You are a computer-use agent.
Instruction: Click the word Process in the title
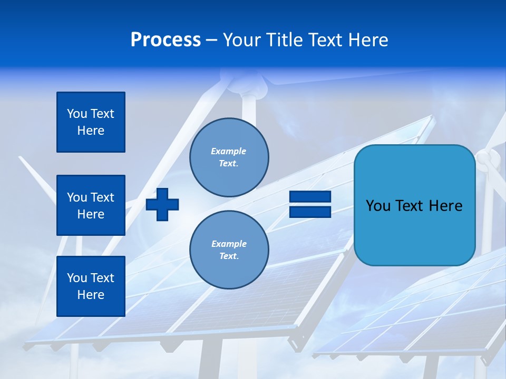(x=166, y=40)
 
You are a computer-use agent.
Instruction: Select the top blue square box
(x=91, y=122)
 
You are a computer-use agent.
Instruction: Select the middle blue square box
(x=91, y=205)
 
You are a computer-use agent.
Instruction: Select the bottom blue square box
(x=91, y=286)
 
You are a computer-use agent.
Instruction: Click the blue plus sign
(x=162, y=204)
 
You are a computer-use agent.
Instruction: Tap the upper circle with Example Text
(x=229, y=157)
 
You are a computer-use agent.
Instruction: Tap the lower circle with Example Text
(x=229, y=250)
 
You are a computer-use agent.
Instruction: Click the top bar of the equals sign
(x=310, y=197)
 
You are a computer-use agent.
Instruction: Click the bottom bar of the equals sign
(x=310, y=212)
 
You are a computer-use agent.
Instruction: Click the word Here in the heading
(x=369, y=40)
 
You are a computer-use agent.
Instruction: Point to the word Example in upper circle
(x=228, y=152)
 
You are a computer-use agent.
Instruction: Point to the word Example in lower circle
(x=229, y=244)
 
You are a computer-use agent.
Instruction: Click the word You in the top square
(x=76, y=114)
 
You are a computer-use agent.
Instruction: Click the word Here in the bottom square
(x=91, y=295)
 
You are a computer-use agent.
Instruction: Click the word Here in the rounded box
(x=445, y=206)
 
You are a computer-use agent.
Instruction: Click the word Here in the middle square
(x=91, y=214)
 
